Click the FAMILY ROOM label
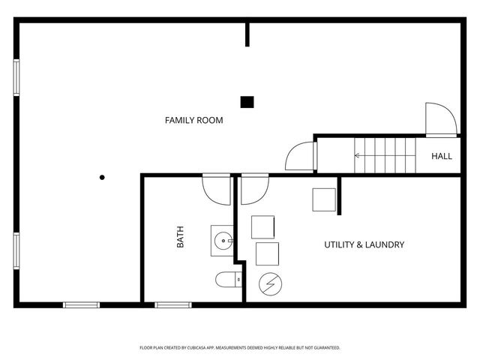click(193, 120)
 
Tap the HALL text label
click(441, 157)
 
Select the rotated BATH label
click(180, 238)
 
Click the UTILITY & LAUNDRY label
click(364, 244)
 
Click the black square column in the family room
click(247, 102)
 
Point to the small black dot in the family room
click(102, 178)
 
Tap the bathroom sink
click(223, 240)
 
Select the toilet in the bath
click(226, 280)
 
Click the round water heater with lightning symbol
click(269, 283)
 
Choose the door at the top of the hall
click(439, 120)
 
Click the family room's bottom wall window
click(81, 304)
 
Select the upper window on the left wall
click(16, 76)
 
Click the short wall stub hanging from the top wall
click(247, 34)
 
